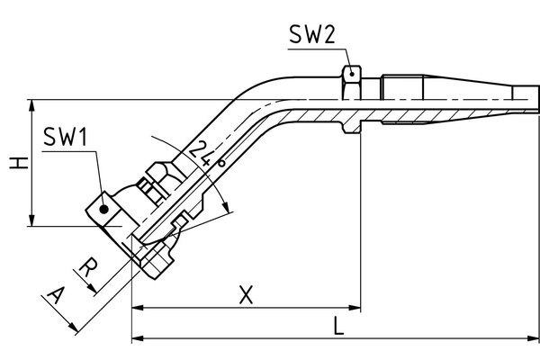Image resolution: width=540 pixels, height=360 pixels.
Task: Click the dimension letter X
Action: (246, 294)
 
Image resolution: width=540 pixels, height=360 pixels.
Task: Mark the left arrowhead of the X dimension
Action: (139, 308)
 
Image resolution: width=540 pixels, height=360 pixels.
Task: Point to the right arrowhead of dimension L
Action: (534, 338)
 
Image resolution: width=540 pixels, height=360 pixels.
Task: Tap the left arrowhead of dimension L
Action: (139, 338)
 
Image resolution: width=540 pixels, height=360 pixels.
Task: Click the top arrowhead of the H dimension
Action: (32, 104)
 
